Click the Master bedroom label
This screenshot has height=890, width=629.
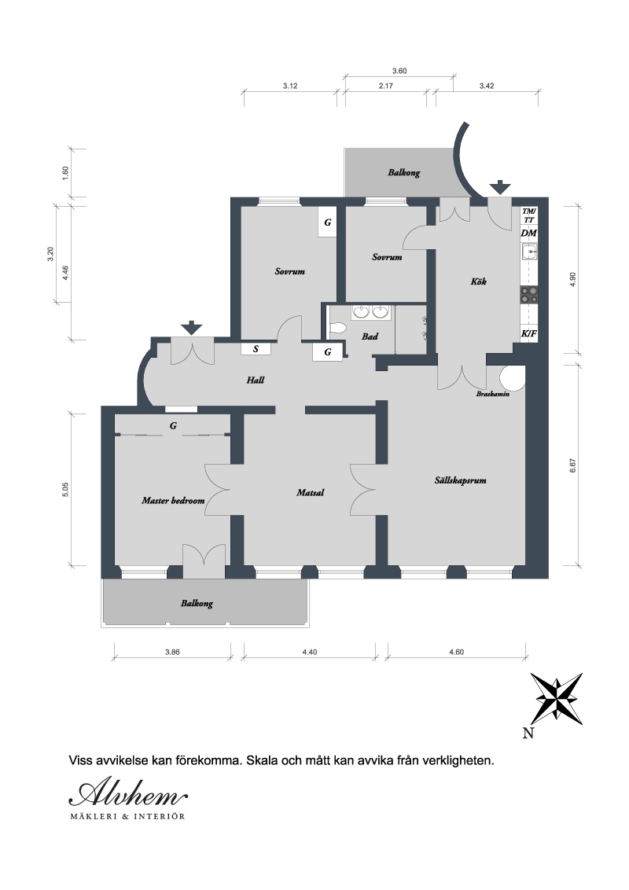pos(173,501)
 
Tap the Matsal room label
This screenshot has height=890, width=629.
pos(311,493)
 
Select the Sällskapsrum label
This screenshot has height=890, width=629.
pos(461,480)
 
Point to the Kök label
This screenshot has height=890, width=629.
pos(479,281)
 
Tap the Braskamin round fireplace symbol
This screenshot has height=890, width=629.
pos(512,377)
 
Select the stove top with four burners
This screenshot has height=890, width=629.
pos(530,294)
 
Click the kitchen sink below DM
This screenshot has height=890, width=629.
pos(530,251)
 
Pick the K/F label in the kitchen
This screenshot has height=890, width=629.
pos(528,333)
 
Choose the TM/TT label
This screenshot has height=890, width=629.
pos(528,215)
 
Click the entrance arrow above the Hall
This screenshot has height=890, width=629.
pos(192,328)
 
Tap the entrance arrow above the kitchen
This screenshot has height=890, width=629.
pos(499,188)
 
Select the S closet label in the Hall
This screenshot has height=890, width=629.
pos(256,349)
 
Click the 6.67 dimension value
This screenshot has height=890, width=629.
pos(573,465)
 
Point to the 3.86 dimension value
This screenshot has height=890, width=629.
pos(172,653)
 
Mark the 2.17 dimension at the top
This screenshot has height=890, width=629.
pos(386,86)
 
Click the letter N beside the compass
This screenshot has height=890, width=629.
pos(528,734)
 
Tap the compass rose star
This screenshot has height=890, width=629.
pos(557,699)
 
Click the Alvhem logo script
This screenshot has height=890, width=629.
pos(128,793)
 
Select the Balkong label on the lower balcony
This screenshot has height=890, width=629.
pos(197,603)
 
